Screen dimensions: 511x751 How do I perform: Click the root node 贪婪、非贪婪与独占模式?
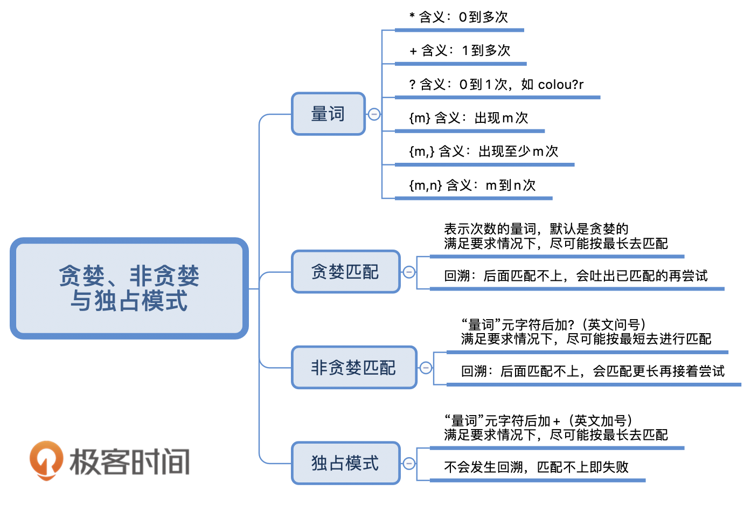click(x=129, y=288)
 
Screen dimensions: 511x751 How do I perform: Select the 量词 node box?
click(x=328, y=114)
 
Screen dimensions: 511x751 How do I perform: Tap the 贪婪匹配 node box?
click(x=345, y=272)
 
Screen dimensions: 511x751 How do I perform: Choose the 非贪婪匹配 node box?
click(x=353, y=368)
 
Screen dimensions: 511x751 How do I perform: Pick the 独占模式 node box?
click(x=345, y=463)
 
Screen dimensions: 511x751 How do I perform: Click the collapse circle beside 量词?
click(x=374, y=114)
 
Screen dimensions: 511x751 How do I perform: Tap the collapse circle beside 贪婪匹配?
click(x=409, y=272)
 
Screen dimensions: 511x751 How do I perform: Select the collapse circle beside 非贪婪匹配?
click(x=426, y=368)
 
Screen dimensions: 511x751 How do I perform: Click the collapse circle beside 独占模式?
click(x=409, y=463)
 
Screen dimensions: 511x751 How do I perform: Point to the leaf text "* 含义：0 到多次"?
click(x=458, y=17)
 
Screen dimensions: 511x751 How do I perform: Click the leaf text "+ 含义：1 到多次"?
click(x=460, y=51)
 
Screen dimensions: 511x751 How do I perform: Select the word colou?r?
click(x=560, y=85)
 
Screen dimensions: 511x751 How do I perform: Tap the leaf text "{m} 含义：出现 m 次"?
click(x=469, y=118)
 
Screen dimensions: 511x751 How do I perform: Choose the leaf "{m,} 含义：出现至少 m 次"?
click(x=483, y=151)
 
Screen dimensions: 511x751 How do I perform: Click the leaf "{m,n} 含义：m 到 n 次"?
click(x=472, y=185)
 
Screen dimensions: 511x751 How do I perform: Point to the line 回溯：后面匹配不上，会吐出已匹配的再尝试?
click(x=575, y=276)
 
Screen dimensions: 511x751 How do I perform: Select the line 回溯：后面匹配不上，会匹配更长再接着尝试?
click(x=593, y=371)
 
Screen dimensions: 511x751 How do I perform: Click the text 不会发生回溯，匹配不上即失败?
click(x=536, y=467)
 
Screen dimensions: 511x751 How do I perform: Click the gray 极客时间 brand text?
click(x=130, y=462)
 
